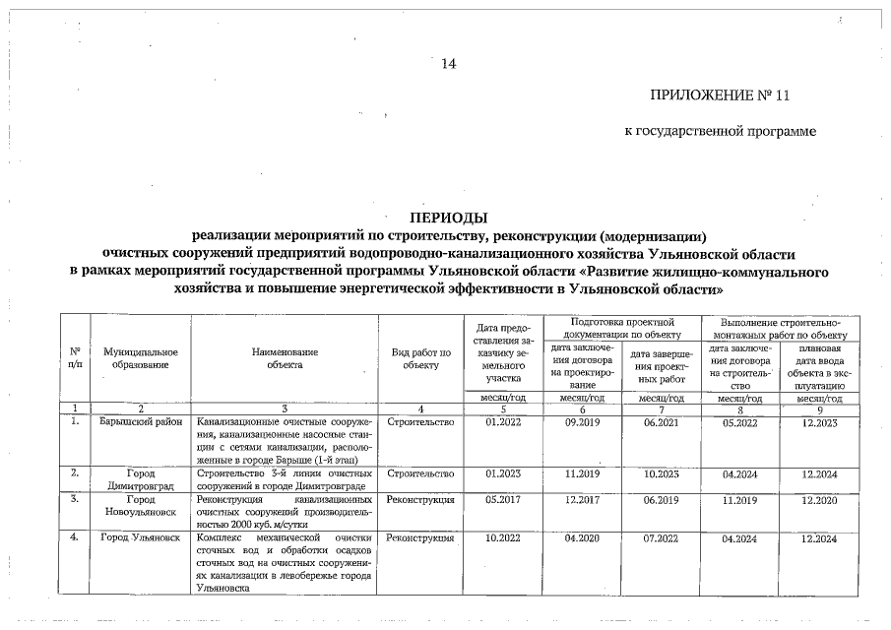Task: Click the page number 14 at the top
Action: pyautogui.click(x=449, y=65)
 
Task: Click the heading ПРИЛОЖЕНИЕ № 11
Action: pyautogui.click(x=720, y=96)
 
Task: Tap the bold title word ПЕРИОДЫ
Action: pyautogui.click(x=449, y=219)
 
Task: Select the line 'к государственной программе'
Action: pyautogui.click(x=720, y=132)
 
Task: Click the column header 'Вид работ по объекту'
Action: pyautogui.click(x=420, y=357)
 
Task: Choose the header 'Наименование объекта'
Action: pyautogui.click(x=285, y=357)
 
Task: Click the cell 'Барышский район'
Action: pyautogui.click(x=141, y=422)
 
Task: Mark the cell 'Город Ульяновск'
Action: pyautogui.click(x=141, y=538)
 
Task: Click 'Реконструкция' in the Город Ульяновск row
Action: pyautogui.click(x=420, y=538)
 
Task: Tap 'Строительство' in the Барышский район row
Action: pyautogui.click(x=420, y=422)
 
